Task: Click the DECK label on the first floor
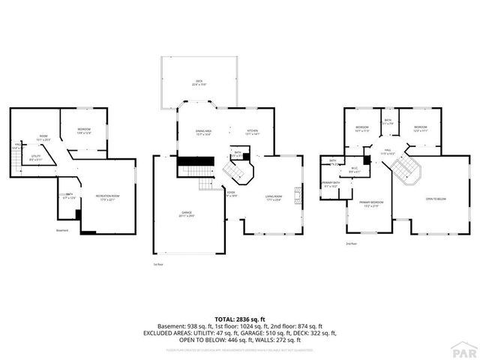click(x=199, y=82)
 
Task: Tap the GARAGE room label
click(x=186, y=214)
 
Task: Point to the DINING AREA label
click(x=202, y=133)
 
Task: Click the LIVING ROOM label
click(x=272, y=198)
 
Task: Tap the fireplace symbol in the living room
click(x=298, y=196)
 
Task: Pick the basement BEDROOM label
click(x=83, y=131)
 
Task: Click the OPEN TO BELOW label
click(x=436, y=199)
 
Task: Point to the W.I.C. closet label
click(x=355, y=169)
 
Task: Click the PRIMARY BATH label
click(x=331, y=184)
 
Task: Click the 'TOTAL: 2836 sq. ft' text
click(x=239, y=319)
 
